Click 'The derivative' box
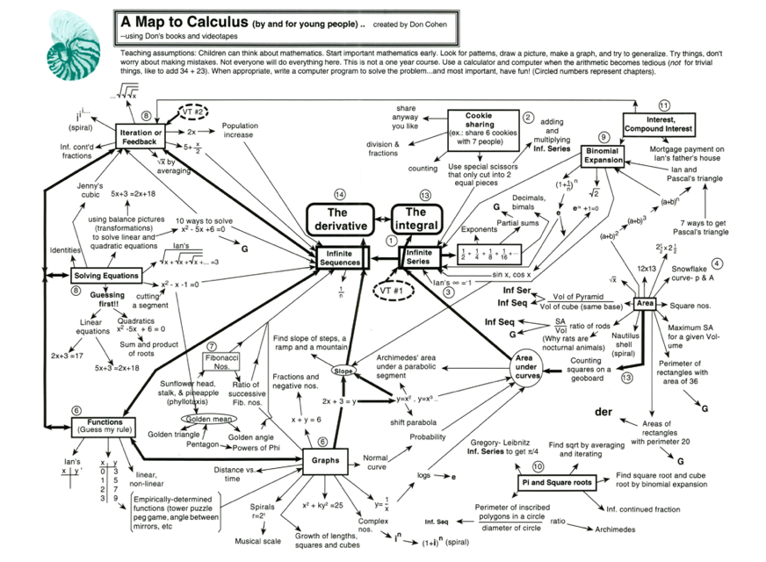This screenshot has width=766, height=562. coord(337,219)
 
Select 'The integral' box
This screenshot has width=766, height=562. coord(416,219)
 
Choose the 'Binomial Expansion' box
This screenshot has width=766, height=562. coord(603,156)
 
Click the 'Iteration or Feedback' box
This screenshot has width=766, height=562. coord(140,136)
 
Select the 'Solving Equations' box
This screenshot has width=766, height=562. coord(106,275)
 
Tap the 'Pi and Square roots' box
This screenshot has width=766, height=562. coord(557,482)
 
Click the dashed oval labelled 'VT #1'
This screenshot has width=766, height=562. coord(391,290)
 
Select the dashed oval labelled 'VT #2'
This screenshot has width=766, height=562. coord(194,112)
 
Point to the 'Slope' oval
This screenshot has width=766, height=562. coord(343,371)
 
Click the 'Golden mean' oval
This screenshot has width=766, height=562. coord(207,419)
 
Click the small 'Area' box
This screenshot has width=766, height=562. coord(646,303)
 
